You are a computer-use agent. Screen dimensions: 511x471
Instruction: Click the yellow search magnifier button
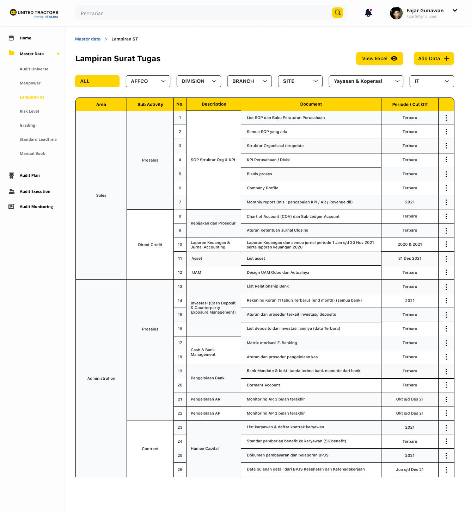[337, 13]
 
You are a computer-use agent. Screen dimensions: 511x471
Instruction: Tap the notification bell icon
[368, 13]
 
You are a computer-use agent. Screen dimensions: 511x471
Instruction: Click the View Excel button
[379, 58]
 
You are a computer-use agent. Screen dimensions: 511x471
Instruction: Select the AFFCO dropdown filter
[148, 81]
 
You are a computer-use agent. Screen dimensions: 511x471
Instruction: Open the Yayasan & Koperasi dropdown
[366, 81]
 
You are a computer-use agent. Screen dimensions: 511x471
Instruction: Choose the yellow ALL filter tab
[97, 81]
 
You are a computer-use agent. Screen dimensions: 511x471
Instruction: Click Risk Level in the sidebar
[29, 111]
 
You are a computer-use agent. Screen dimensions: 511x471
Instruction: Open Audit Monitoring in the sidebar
[36, 207]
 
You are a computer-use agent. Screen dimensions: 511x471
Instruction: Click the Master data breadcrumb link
[88, 39]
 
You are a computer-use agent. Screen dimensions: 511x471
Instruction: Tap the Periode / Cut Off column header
[410, 105]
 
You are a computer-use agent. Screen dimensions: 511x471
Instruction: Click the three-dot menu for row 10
[446, 244]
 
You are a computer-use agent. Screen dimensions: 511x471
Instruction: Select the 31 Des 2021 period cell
[410, 258]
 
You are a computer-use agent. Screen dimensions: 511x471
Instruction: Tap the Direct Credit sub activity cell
[150, 245]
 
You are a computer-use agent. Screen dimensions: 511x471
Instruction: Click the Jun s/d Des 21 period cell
[410, 469]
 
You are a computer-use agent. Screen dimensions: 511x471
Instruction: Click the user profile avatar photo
[396, 13]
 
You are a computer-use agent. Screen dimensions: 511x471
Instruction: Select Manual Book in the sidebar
[32, 153]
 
